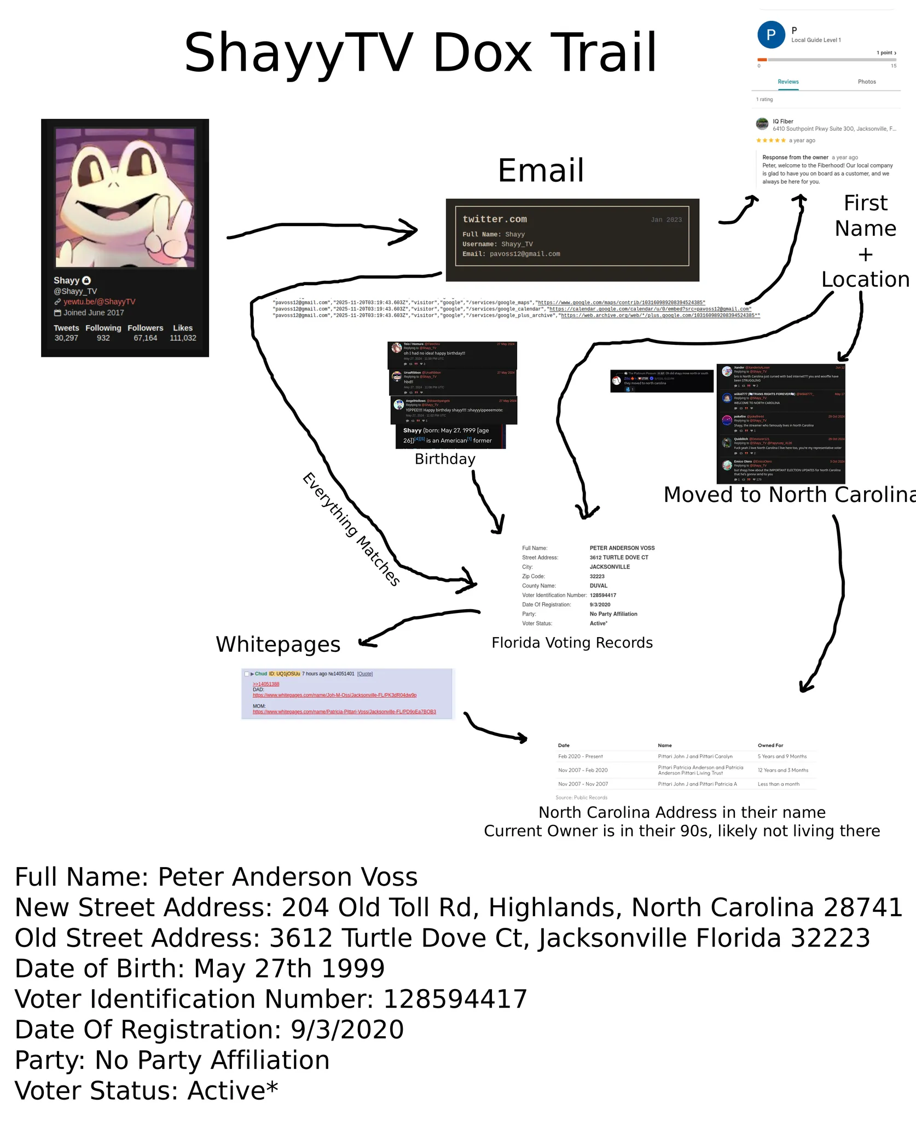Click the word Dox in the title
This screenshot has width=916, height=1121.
point(482,53)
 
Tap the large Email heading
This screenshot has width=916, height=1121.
point(541,170)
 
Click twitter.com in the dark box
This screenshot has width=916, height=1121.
point(495,219)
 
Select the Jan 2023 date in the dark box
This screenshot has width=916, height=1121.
point(666,219)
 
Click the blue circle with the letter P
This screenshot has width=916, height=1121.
point(771,35)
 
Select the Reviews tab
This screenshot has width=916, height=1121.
point(788,82)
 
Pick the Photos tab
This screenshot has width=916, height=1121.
point(867,82)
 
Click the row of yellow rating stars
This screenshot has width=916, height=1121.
point(771,141)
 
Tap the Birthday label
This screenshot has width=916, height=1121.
point(445,459)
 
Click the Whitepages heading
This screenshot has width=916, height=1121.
point(278,644)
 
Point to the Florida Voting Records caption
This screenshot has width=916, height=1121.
point(572,643)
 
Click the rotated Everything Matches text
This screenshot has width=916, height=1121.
point(351,529)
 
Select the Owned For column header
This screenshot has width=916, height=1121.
point(770,745)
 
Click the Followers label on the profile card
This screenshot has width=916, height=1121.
point(146,328)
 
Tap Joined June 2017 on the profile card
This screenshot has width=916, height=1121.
point(93,313)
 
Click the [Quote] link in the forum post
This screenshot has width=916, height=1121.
point(364,674)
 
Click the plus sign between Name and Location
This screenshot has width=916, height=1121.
point(865,255)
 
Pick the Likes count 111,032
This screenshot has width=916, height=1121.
point(183,338)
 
